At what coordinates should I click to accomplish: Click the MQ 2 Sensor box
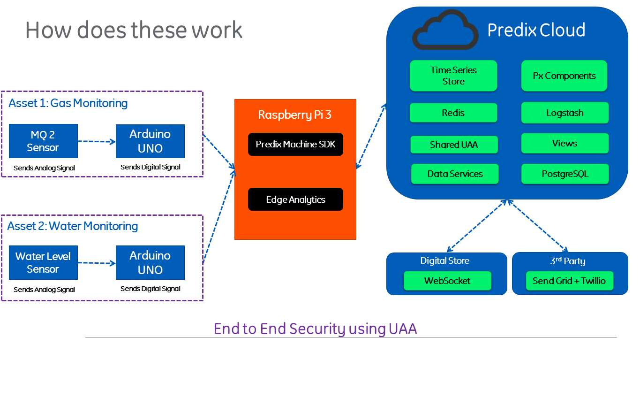(x=43, y=141)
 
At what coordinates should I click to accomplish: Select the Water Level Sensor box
(x=43, y=263)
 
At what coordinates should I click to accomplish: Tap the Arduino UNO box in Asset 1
(x=150, y=141)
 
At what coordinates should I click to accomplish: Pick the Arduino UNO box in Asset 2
(x=150, y=263)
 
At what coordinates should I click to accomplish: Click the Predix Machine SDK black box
(x=295, y=145)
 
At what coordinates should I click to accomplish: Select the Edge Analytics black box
(x=295, y=199)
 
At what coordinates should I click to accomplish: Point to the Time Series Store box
(x=453, y=76)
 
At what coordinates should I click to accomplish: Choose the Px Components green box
(x=564, y=76)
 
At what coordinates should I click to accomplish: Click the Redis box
(x=453, y=113)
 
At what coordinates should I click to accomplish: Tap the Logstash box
(x=565, y=113)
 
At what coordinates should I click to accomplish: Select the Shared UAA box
(x=454, y=145)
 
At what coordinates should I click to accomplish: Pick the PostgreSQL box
(x=565, y=174)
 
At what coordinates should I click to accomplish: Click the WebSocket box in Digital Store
(x=447, y=281)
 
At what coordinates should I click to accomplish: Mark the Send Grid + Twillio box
(x=569, y=281)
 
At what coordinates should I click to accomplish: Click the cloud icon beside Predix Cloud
(x=445, y=31)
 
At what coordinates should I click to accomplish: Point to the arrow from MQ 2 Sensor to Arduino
(x=97, y=141)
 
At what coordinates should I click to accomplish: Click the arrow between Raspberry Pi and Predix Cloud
(x=371, y=136)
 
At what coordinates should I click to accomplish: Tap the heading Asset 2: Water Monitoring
(x=73, y=226)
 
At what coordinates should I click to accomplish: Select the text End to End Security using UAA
(x=315, y=329)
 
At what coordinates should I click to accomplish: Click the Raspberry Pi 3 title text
(x=295, y=115)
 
